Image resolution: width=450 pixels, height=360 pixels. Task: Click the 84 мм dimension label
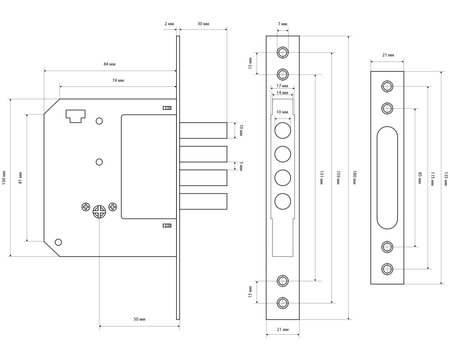[x=109, y=64]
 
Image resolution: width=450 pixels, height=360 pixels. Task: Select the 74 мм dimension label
[x=118, y=80]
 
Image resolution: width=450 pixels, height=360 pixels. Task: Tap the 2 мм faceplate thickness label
[x=169, y=24]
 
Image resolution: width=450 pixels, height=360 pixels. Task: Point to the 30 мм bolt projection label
[x=203, y=24]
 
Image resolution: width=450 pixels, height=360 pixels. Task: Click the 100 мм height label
[x=4, y=178]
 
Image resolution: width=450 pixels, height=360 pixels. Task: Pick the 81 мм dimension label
[x=20, y=178]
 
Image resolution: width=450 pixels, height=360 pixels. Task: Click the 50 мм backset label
[x=139, y=319]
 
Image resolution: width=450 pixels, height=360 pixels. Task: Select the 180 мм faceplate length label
[x=355, y=178]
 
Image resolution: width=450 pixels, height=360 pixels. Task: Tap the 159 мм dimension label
[x=338, y=178]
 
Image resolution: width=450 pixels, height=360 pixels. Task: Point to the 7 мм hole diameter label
[x=282, y=24]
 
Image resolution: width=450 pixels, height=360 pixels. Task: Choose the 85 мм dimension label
[x=420, y=178]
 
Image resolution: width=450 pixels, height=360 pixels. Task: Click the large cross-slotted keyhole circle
[x=99, y=212]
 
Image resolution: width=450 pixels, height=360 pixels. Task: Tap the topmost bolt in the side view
[x=203, y=130]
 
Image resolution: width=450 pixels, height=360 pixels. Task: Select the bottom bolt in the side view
[x=203, y=201]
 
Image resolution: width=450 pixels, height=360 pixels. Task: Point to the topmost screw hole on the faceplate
[x=283, y=53]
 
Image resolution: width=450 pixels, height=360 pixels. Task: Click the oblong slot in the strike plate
[x=387, y=178]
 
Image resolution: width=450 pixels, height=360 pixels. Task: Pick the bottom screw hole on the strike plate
[x=387, y=269]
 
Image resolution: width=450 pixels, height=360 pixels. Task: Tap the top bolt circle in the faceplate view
[x=283, y=131]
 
